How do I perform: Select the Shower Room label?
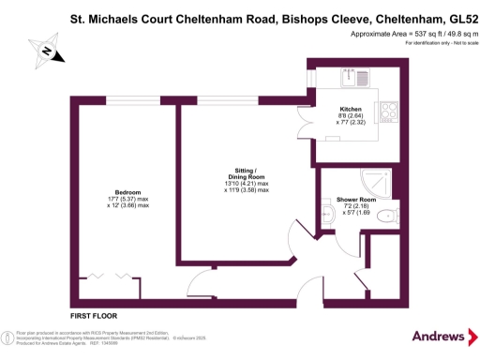(356, 199)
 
